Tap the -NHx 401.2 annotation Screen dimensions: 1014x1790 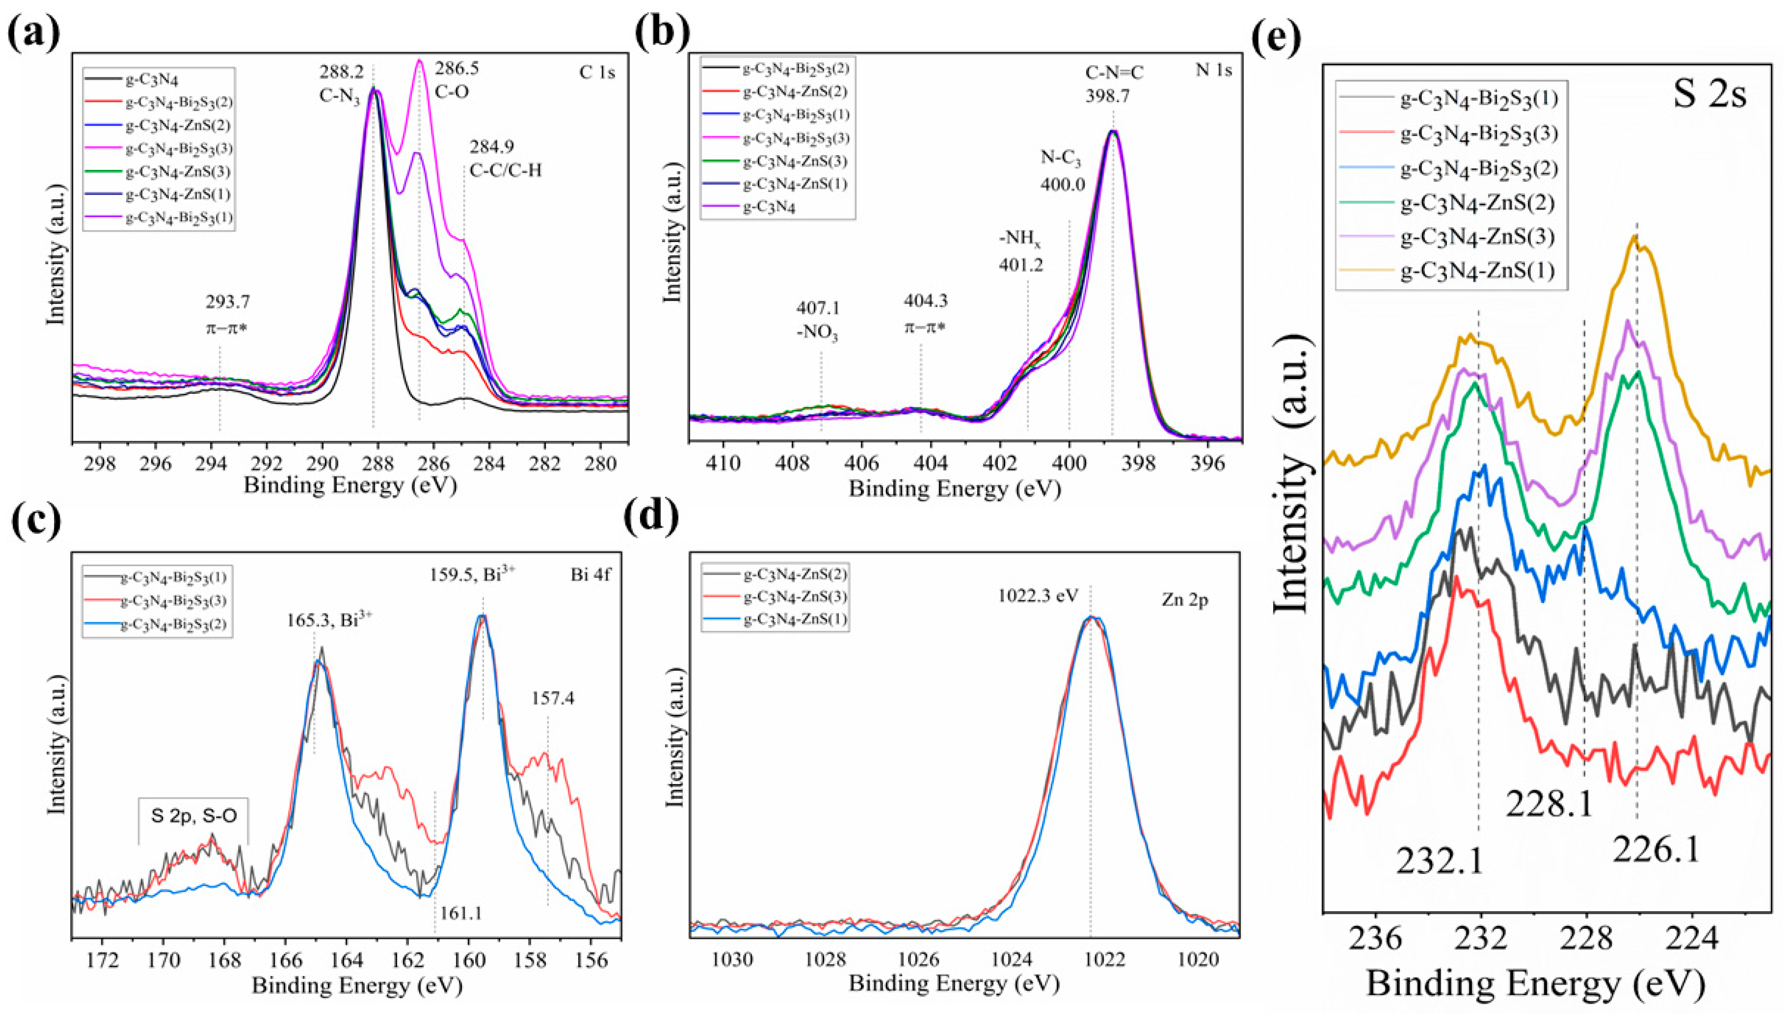pyautogui.click(x=1021, y=252)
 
